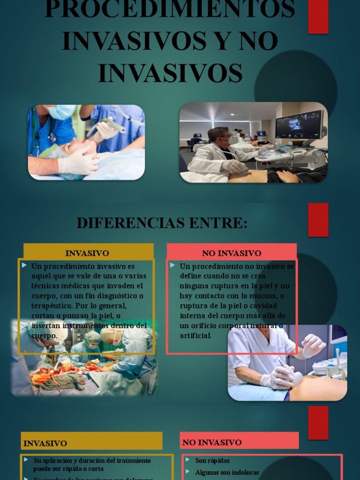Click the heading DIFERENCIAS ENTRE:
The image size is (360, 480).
[162, 223]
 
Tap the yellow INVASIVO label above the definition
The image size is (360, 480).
[87, 253]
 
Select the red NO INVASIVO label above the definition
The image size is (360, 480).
[232, 253]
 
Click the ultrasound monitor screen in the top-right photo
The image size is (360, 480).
[299, 124]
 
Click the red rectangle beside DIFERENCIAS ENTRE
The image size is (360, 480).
[318, 219]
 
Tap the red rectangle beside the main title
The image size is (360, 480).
[318, 16]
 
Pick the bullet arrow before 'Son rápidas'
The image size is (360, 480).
[187, 460]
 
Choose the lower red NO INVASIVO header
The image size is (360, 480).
[239, 442]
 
